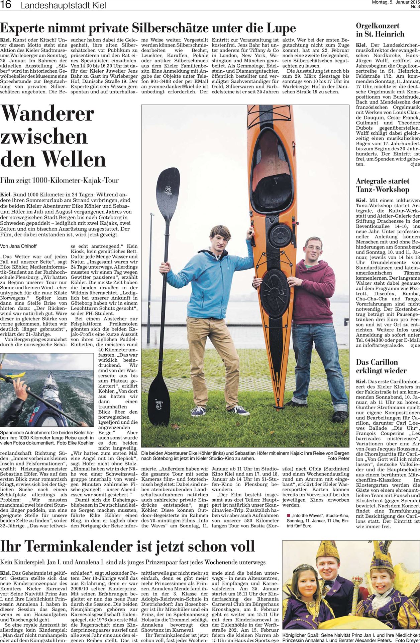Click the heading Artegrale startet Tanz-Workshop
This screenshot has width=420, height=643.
coord(383,185)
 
